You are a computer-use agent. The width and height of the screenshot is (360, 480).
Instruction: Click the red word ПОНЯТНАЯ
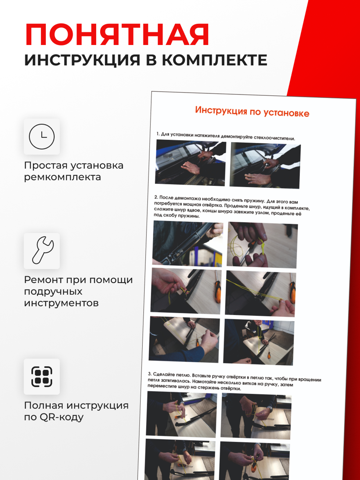coord(117,35)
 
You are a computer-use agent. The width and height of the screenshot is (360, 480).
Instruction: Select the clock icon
coord(42,136)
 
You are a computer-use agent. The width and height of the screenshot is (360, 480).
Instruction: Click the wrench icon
coord(42,251)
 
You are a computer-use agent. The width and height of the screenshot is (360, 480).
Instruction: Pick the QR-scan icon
coord(42,376)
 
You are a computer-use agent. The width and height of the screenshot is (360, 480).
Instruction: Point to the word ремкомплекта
coord(62,177)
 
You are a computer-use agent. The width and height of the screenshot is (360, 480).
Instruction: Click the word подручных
coord(53,291)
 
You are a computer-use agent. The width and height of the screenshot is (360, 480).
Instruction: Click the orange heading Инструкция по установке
coord(252,112)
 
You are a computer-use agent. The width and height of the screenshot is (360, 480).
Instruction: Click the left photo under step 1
coord(190,163)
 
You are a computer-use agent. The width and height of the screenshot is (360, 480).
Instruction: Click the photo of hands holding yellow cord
coord(262,245)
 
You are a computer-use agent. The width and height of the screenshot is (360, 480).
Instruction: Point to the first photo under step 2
coord(188,243)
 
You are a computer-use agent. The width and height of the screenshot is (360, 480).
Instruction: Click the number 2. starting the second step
coord(156,197)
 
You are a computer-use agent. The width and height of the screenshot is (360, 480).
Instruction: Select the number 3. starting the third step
coord(150,374)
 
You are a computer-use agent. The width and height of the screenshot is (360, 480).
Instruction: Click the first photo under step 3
coord(181,414)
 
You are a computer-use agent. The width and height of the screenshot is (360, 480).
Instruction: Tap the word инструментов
coord(61,303)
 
